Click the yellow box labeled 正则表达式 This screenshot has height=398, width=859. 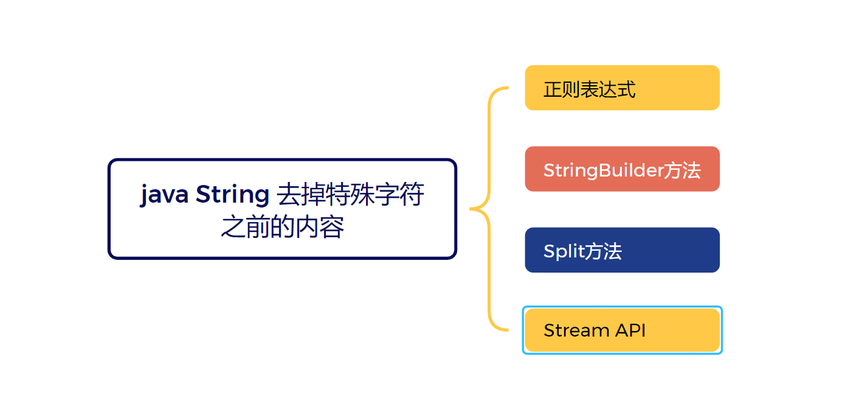point(622,88)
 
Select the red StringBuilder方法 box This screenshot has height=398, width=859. point(622,169)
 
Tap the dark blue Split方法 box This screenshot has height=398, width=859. point(622,250)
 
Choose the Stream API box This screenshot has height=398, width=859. point(622,330)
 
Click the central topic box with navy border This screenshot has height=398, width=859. point(282,209)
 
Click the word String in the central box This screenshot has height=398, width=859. point(232,195)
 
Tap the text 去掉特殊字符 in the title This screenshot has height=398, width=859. point(351,195)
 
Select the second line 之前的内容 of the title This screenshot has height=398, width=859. point(282,227)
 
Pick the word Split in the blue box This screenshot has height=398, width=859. point(563,251)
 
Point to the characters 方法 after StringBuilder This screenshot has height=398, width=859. point(681,170)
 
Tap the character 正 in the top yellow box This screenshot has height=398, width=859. point(553,90)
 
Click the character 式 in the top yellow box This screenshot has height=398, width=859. point(627,90)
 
